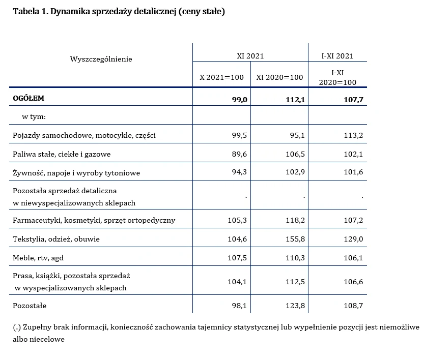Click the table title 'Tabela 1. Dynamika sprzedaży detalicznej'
119,12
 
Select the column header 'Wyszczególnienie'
101,59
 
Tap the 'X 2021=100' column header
221,77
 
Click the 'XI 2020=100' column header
279,77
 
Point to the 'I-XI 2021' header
337,56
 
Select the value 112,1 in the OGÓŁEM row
295,100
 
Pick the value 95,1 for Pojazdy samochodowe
296,135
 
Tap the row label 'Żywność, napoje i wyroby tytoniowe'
76,173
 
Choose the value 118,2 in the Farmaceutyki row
295,220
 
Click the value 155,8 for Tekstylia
295,239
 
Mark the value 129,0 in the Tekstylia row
353,239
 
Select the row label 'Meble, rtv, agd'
38,258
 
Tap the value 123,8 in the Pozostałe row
295,306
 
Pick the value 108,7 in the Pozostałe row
353,306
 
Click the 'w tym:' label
34,116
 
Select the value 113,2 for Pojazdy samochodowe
353,135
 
